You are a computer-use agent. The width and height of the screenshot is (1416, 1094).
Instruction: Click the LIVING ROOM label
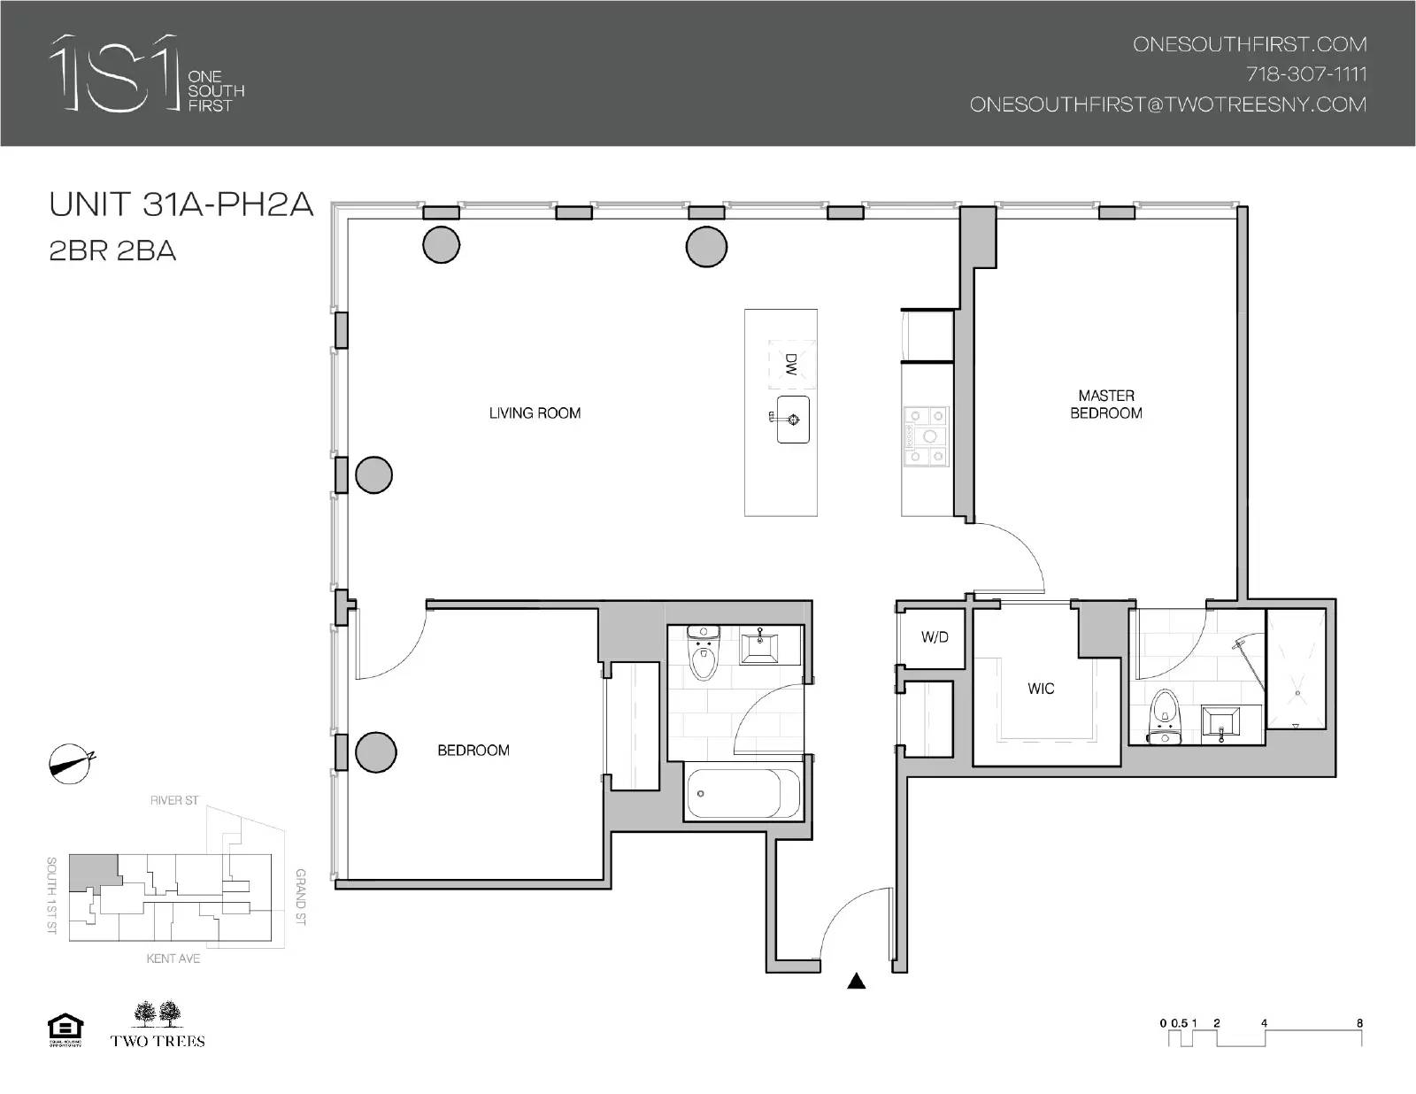[535, 412]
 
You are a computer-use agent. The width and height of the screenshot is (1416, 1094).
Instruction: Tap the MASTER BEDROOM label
[1105, 404]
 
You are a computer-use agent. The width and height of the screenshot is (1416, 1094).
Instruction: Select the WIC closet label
[1041, 689]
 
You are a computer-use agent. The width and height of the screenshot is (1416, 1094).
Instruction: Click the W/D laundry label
[935, 637]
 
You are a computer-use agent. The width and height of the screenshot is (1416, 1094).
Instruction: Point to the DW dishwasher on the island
[790, 364]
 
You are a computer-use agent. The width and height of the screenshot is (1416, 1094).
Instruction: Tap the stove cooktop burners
[926, 435]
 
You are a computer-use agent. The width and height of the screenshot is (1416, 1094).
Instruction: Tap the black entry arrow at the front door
[856, 981]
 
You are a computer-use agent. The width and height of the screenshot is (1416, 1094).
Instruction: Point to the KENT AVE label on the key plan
[173, 959]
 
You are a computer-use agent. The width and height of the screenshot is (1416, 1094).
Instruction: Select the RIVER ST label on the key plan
[174, 800]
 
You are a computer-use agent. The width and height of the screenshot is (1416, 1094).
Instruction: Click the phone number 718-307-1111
[1306, 74]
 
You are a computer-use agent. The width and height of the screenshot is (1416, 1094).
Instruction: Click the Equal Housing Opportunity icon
[65, 1029]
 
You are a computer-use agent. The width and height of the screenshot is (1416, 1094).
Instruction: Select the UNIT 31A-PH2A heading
[181, 204]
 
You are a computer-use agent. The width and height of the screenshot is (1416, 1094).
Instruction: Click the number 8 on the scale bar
[1359, 1023]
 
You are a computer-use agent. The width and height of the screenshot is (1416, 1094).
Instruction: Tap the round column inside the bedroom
[375, 752]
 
